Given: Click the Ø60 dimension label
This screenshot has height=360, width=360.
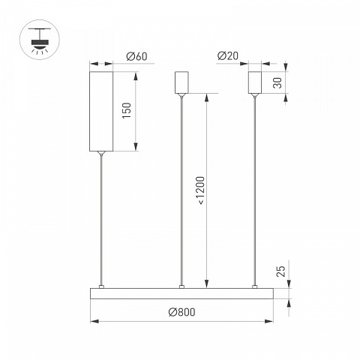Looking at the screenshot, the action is coord(136,56).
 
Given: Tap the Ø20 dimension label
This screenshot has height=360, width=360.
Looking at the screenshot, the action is coord(228,55).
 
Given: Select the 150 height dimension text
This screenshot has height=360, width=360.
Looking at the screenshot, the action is coord(127,110).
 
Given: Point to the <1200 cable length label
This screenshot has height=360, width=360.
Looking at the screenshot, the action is coord(202,190).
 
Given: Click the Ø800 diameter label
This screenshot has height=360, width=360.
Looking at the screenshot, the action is coord(181,312).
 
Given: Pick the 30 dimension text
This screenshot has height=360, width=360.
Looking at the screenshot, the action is coord(277,82).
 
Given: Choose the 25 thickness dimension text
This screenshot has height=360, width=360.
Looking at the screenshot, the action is coord(280,271).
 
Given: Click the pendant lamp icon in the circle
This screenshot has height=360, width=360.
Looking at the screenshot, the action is coord(40,40).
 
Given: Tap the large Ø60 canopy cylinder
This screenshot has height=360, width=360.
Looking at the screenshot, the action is coord(101,111).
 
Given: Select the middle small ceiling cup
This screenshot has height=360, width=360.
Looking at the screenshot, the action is coord(181,82).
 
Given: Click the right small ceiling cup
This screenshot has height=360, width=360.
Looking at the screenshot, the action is coord(255,82).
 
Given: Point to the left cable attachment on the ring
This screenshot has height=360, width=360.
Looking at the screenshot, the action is coord(101,286).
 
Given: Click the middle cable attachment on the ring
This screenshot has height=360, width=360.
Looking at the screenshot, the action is coord(181,286).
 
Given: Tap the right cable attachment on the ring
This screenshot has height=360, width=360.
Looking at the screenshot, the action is coord(255,286).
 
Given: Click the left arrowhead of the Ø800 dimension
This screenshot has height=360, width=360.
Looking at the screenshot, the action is coord(94,321).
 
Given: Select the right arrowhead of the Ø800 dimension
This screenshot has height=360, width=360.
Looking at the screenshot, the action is coord(269,321).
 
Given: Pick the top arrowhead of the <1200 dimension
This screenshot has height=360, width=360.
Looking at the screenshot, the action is coord(206,98).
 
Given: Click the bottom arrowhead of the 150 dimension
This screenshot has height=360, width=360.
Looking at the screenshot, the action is coord(136,147).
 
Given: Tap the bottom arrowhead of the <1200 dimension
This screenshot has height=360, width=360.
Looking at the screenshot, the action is coord(206,283).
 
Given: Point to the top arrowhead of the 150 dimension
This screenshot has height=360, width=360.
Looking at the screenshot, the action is coord(136,76).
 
